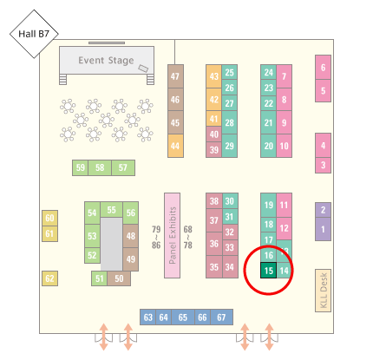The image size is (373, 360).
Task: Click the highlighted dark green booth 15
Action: [269, 271]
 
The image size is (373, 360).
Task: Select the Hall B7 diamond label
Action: [34, 34]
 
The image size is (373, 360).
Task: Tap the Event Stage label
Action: [106, 61]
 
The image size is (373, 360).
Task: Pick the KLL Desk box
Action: [323, 291]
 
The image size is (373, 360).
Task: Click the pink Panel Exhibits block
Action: [172, 235]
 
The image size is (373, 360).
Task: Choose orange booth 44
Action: [175, 146]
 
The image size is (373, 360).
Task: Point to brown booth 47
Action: [175, 76]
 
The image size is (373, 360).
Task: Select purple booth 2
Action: [323, 210]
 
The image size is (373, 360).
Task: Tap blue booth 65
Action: [183, 317]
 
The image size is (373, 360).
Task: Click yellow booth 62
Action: [49, 278]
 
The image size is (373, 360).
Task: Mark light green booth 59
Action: [81, 167]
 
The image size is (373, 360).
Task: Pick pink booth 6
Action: [323, 68]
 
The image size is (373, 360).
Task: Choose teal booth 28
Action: [230, 122]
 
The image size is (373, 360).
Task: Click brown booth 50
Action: [119, 278]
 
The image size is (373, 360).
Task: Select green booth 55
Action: [111, 210]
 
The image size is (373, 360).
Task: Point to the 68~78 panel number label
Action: [187, 238]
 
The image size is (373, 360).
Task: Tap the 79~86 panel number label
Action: [156, 238]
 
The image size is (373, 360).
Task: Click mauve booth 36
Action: [214, 244]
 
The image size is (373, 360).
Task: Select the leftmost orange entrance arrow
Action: [104, 337]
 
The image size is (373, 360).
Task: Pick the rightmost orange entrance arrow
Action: [269, 337]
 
